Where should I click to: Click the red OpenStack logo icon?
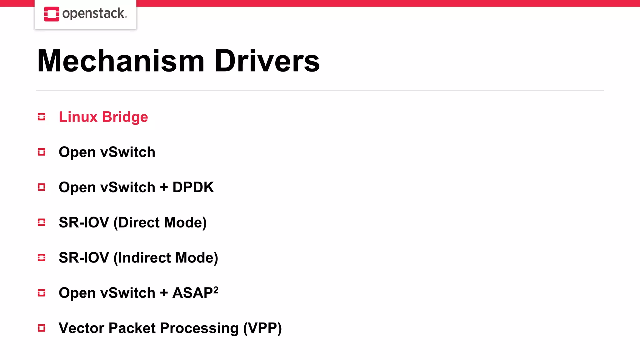click(x=52, y=14)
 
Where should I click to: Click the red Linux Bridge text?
click(x=103, y=117)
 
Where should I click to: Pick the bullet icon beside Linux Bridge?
click(x=42, y=117)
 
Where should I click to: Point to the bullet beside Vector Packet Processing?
click(x=42, y=328)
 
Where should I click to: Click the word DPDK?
click(x=193, y=187)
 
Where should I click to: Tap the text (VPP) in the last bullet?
click(x=262, y=328)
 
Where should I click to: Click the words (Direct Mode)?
click(x=160, y=222)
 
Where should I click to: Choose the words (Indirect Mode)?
click(x=166, y=258)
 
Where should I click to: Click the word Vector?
click(x=82, y=328)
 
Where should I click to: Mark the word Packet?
click(x=132, y=328)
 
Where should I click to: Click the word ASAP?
click(x=192, y=293)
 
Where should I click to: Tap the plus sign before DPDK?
click(x=164, y=187)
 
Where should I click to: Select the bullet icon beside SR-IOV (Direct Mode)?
click(x=42, y=222)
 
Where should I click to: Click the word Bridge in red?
click(x=125, y=117)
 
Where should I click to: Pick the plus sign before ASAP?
click(x=164, y=293)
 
